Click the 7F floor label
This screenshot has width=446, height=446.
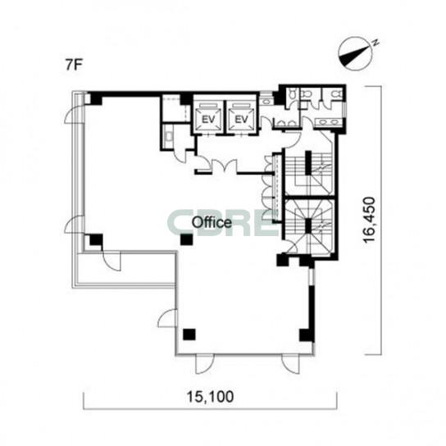[x=74, y=66]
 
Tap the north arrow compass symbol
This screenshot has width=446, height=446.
[x=357, y=54]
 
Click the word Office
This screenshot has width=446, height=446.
[x=212, y=223]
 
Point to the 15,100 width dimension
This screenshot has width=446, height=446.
[x=210, y=397]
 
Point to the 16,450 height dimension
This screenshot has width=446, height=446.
[x=370, y=219]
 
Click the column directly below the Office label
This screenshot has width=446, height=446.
[x=187, y=239]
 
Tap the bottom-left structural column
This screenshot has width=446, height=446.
[x=189, y=334]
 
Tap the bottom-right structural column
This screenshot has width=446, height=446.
[x=306, y=335]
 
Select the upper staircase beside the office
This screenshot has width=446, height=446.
[x=310, y=173]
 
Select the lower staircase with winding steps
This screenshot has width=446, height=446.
[x=310, y=226]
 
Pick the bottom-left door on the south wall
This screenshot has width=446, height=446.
[x=204, y=364]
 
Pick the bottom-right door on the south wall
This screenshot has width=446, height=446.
[x=291, y=364]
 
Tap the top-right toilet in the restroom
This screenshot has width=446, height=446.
[x=337, y=93]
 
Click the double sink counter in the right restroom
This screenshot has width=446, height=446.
[x=328, y=122]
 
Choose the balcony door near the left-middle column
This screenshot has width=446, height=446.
[x=111, y=261]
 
